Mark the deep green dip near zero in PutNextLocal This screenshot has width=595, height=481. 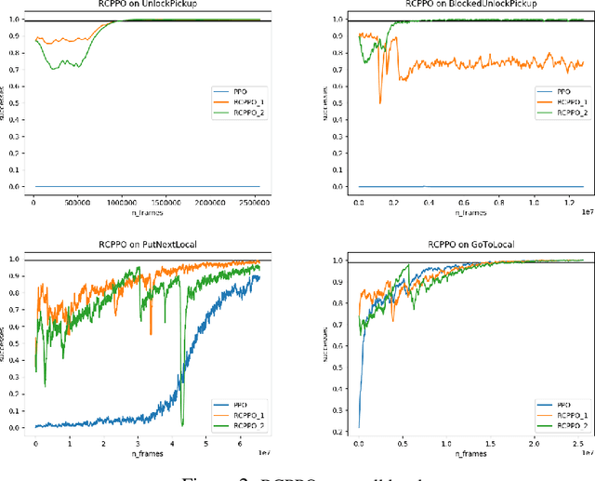pyautogui.click(x=182, y=422)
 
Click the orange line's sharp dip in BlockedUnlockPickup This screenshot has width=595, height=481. pyautogui.click(x=379, y=101)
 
